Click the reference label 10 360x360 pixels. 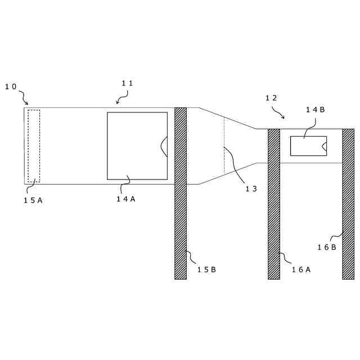11,87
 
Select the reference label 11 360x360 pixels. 128,83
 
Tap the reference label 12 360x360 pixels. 271,98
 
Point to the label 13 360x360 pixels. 251,189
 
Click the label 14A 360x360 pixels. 126,199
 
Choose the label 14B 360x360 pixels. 315,110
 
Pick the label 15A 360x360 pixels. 33,200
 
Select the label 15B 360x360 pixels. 206,269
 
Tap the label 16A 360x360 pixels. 301,269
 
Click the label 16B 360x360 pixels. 326,247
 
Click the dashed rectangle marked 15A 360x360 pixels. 34,146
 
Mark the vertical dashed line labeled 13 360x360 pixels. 224,145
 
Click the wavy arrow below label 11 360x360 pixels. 121,99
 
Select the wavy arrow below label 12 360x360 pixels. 278,113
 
